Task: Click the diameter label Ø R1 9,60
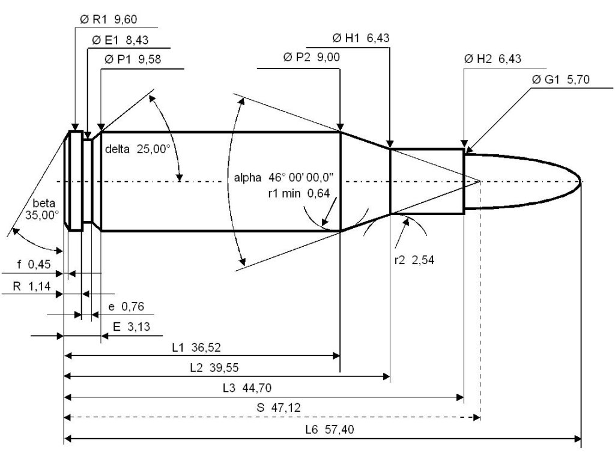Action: (109, 19)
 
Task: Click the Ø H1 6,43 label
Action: (361, 38)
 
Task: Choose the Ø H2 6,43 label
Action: (492, 59)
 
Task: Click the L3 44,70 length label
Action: (250, 388)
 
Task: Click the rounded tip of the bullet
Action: (580, 181)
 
